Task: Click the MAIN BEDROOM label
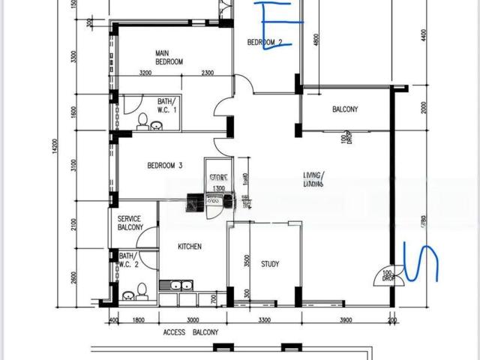(x=169, y=57)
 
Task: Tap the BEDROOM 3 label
(x=165, y=166)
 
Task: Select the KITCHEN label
(x=189, y=246)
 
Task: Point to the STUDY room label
(x=270, y=264)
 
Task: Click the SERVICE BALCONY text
(x=130, y=223)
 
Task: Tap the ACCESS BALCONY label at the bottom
(x=190, y=332)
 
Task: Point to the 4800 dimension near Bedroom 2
(x=317, y=39)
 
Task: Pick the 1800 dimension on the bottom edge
(x=138, y=320)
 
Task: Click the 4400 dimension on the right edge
(x=424, y=34)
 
